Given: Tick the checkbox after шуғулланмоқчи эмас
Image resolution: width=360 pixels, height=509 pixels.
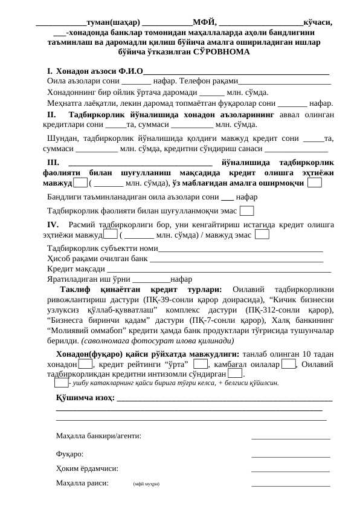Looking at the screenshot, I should point(246,211).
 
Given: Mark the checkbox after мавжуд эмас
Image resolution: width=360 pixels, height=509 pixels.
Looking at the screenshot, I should point(262,235).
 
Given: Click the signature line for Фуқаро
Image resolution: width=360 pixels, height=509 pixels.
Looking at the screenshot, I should point(290,455).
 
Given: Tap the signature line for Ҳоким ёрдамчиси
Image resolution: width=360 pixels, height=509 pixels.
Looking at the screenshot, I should point(290,469).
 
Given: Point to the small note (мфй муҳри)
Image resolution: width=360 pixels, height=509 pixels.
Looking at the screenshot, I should point(147,484).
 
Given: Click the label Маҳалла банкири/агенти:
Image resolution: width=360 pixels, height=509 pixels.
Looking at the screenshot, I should point(98,435).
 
